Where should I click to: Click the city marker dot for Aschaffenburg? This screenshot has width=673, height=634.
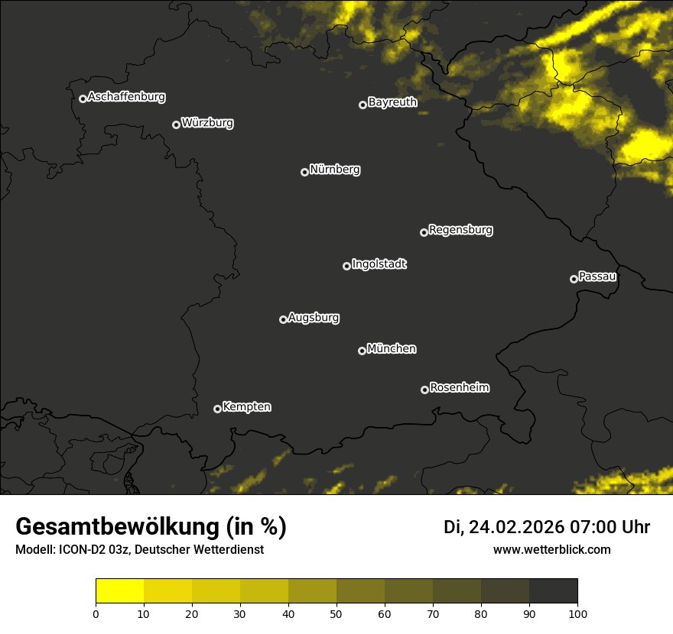point(83,99)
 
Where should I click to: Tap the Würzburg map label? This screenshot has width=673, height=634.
point(207,123)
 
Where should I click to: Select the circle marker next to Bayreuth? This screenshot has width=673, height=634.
point(363,105)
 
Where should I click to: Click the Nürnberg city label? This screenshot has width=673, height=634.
point(335,170)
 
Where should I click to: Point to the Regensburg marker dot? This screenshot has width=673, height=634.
point(424,232)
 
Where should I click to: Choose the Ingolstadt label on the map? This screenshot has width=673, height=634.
point(379,264)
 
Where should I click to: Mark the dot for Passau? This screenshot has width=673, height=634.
point(574,279)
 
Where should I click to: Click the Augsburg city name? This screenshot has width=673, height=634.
point(314,318)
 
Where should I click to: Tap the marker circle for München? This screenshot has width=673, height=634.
point(362,351)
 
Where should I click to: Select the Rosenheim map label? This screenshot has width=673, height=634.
point(460,387)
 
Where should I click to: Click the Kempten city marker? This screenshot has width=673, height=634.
point(217,409)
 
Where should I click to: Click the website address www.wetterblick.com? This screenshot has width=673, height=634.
point(552,549)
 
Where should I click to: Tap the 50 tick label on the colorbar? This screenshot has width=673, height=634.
point(336,613)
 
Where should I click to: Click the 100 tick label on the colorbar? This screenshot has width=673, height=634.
point(577,613)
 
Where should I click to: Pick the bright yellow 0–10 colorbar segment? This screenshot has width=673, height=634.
point(120,591)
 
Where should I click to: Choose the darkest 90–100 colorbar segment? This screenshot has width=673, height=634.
point(553,591)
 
